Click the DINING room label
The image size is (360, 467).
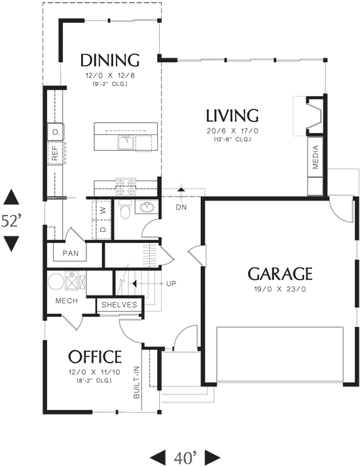[x=110, y=61]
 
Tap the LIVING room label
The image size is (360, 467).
[x=232, y=117]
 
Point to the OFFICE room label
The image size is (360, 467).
[x=96, y=357]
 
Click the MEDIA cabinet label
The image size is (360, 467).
[x=315, y=158]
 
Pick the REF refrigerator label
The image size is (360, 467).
[x=55, y=153]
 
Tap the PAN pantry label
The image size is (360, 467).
[x=70, y=253]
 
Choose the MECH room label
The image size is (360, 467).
[x=66, y=301]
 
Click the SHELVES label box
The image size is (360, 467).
[x=119, y=305]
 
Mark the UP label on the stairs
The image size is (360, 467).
[x=171, y=284]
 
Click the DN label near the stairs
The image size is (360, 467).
[x=181, y=208]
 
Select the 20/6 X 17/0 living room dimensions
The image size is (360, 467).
[x=232, y=131]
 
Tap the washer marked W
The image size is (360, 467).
[x=103, y=211]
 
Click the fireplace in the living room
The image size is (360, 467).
[x=315, y=116]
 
